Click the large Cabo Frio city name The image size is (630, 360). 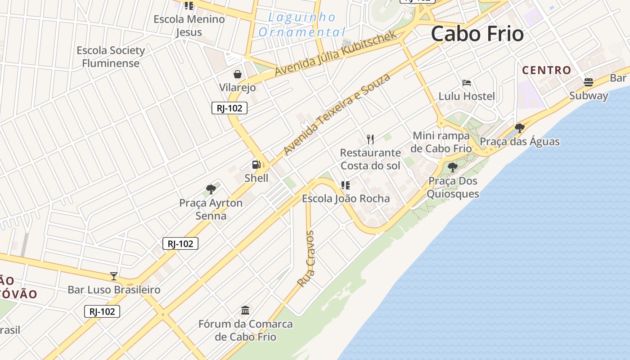point(477,34)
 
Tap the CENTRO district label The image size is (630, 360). point(546,70)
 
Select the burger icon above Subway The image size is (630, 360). point(588,82)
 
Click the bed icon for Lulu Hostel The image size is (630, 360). point(467,83)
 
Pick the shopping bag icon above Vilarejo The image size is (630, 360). point(237,74)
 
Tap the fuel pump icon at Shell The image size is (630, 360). point(256,165)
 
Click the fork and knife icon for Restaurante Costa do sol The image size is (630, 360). point(370,139)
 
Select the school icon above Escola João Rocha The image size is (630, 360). point(345,185)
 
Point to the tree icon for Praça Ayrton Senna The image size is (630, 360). point(211,189)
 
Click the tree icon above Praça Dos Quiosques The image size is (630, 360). point(453,167)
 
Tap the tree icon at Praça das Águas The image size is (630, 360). point(520,128)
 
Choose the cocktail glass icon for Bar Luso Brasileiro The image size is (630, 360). point(114,276)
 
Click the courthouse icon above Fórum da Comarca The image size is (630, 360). point(245,310)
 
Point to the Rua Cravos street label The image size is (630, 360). point(306,259)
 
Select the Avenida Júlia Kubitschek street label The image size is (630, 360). point(335,54)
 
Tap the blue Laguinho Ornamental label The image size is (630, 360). point(302,25)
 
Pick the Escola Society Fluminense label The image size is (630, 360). point(111,57)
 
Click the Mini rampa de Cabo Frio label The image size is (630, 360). point(442,142)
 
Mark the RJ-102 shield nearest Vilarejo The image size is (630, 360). point(229,108)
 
